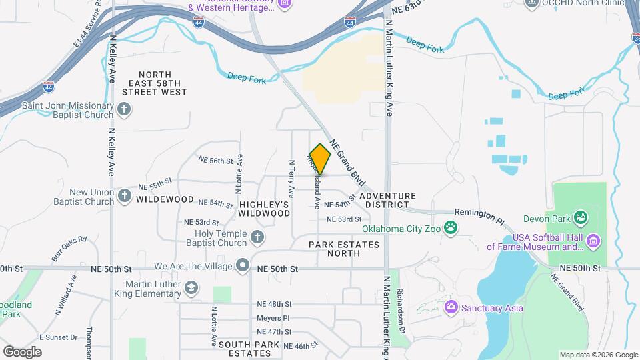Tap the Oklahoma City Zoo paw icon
(451, 228)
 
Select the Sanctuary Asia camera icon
(451, 307)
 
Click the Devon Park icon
(581, 217)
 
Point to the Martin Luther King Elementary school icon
(191, 287)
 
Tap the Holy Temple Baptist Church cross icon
(257, 237)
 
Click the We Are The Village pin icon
(243, 266)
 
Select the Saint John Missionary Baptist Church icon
(124, 109)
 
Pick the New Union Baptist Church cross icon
(124, 196)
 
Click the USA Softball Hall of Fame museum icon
(595, 239)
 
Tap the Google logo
(22, 351)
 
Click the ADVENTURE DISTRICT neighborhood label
(387, 200)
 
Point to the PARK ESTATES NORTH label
(344, 249)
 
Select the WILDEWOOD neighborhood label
(165, 199)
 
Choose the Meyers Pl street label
(273, 318)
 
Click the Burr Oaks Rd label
(69, 247)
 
